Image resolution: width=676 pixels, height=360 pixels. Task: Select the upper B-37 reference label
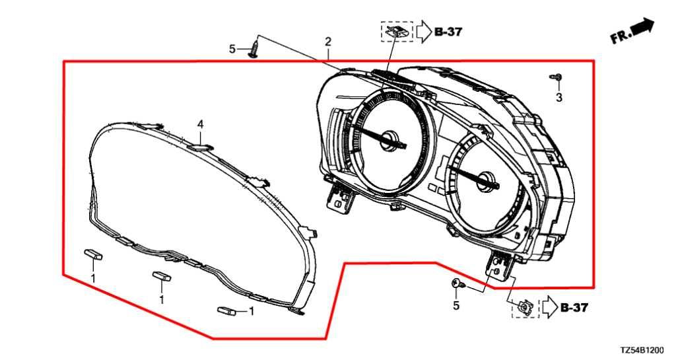448,32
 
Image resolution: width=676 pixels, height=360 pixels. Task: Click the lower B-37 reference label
574,307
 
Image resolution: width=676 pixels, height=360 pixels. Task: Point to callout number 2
328,42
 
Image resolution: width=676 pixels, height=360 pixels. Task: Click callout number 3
558,98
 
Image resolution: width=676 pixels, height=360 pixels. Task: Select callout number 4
200,124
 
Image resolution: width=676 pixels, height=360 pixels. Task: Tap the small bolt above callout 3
556,77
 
